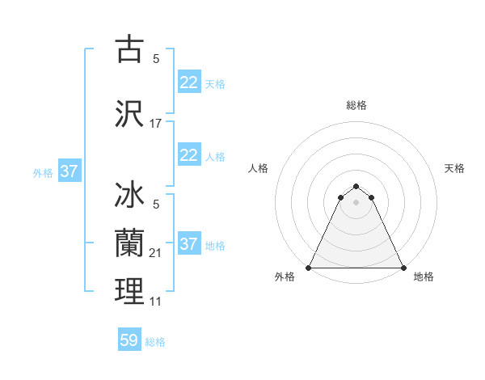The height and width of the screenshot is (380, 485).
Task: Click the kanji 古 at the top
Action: pos(129,50)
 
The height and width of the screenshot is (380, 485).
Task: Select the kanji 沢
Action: pos(129,114)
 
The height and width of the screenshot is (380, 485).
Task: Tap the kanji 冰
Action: pos(129,196)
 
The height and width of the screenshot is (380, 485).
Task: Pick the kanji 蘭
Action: pos(129,241)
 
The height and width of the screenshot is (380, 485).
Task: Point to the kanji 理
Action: pos(129,291)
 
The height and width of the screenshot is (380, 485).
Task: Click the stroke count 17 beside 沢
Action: pos(156,124)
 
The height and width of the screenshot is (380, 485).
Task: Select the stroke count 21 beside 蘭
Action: pos(156,252)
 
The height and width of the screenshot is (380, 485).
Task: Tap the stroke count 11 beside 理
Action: pos(156,301)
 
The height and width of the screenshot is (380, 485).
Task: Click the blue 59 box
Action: pos(129,340)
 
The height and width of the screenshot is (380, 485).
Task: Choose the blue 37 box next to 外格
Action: pos(69,171)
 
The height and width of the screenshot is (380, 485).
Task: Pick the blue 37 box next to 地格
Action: pos(188,244)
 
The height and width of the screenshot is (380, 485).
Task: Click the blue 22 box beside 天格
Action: pos(188,82)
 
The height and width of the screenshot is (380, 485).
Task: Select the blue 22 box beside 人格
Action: pos(188,155)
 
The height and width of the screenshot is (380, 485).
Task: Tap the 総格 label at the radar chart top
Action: pos(356,105)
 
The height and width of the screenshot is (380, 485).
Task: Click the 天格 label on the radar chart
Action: pos(455,168)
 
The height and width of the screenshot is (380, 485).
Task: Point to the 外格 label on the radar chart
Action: pos(285,277)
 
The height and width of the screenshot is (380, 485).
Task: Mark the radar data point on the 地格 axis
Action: pos(403,267)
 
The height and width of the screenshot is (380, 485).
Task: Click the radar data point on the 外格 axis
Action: pos(309,267)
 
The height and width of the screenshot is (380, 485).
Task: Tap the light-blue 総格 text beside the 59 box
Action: pos(155,341)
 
